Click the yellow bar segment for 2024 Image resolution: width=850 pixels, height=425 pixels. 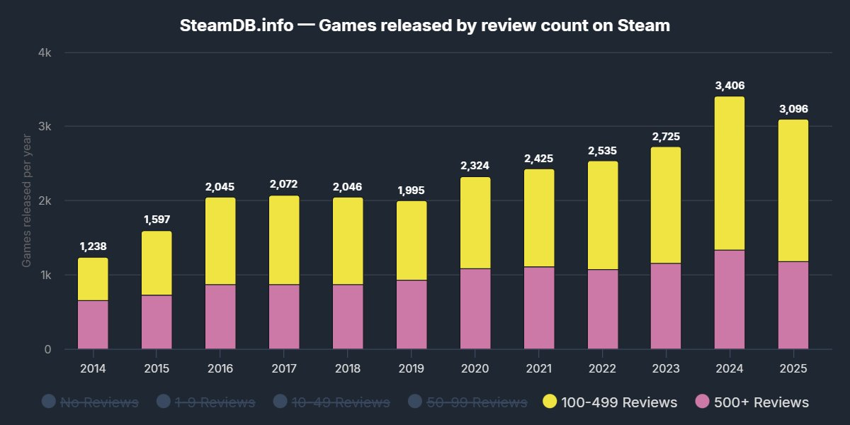point(730,174)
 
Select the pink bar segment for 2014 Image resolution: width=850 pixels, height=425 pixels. point(93,324)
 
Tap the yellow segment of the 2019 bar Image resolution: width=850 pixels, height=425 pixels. point(412,241)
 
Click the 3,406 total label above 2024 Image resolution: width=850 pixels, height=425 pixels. point(730,86)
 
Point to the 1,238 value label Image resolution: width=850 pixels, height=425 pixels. point(93,246)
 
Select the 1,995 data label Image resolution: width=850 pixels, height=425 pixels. point(412,191)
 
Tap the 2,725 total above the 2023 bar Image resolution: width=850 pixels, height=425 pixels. point(666,136)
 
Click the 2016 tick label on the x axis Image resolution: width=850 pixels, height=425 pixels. point(220,368)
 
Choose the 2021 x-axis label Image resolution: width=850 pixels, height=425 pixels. point(538,368)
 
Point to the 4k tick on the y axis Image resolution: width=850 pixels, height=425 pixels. point(45,53)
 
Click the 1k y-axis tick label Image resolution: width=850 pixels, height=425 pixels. point(45,275)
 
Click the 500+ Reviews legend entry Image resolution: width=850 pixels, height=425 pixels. point(752,402)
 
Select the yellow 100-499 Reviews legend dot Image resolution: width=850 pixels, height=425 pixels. point(549,402)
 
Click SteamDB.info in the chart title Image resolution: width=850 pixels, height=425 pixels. point(237,26)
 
